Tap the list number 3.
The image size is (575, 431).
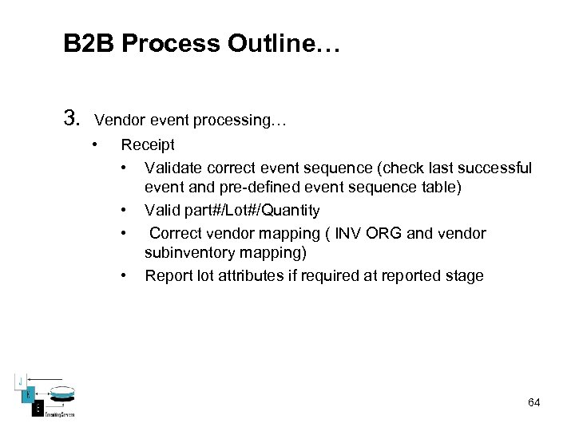tap(72, 121)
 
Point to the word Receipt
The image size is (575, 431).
tap(148, 144)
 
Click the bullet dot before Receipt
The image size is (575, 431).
tap(95, 144)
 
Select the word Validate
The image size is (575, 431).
tap(173, 168)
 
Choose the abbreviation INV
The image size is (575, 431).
tap(350, 233)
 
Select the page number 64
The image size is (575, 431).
tap(533, 402)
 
